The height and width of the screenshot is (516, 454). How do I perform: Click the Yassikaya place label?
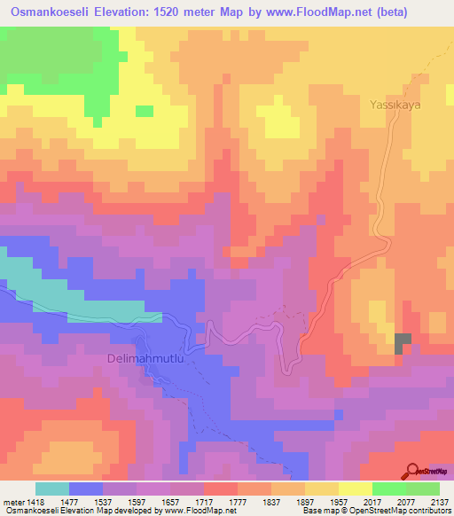click(x=393, y=105)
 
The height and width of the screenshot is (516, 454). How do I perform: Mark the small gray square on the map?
click(x=403, y=342)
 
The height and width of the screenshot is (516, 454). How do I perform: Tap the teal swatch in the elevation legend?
click(x=52, y=489)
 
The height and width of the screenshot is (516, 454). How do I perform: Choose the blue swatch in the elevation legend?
click(x=86, y=489)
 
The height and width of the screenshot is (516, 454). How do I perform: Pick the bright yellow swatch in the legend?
click(x=355, y=489)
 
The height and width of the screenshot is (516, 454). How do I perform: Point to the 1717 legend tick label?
click(x=204, y=502)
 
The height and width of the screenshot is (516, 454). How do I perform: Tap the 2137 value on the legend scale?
click(x=438, y=502)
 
